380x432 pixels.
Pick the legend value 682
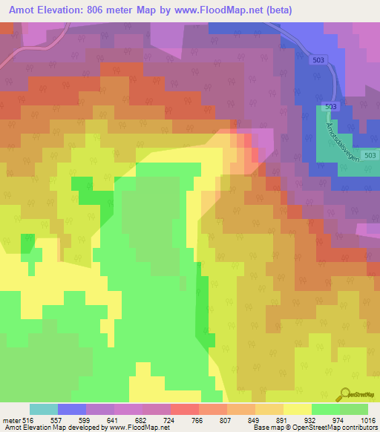(x=156, y=420)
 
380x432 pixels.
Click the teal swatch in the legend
(x=44, y=409)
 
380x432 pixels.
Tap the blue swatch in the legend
(x=72, y=409)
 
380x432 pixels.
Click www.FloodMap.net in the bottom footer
(x=146, y=428)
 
